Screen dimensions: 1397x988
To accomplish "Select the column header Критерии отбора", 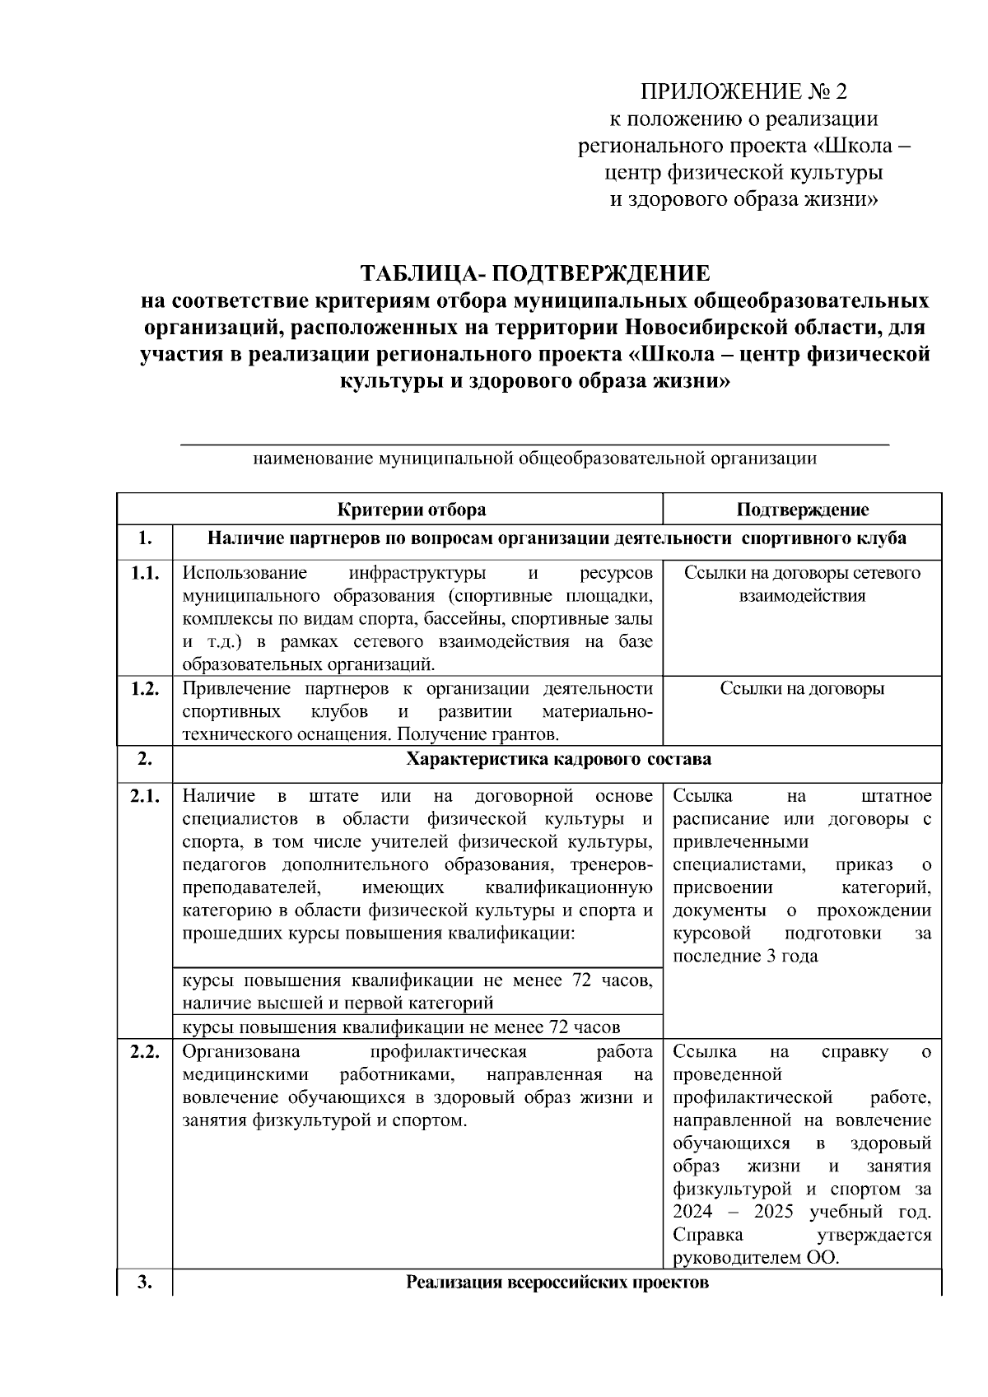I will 412,510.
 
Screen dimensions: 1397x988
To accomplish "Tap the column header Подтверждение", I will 802,510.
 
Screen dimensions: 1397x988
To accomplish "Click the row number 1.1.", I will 145,574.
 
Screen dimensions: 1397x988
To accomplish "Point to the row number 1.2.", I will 145,689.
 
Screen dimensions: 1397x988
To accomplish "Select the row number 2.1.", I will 145,796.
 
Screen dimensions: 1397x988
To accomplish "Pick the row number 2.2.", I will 145,1052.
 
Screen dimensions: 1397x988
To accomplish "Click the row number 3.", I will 145,1283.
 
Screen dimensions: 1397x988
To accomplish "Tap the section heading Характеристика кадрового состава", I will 558,759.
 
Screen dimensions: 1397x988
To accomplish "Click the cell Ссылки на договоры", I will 802,689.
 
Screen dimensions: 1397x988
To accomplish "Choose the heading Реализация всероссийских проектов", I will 557,1283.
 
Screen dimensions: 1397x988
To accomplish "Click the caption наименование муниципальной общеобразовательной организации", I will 535,459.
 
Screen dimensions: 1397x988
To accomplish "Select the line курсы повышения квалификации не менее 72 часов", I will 401,1027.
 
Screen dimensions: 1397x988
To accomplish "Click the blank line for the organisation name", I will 535,444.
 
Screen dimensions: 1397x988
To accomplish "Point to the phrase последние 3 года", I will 745,957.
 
